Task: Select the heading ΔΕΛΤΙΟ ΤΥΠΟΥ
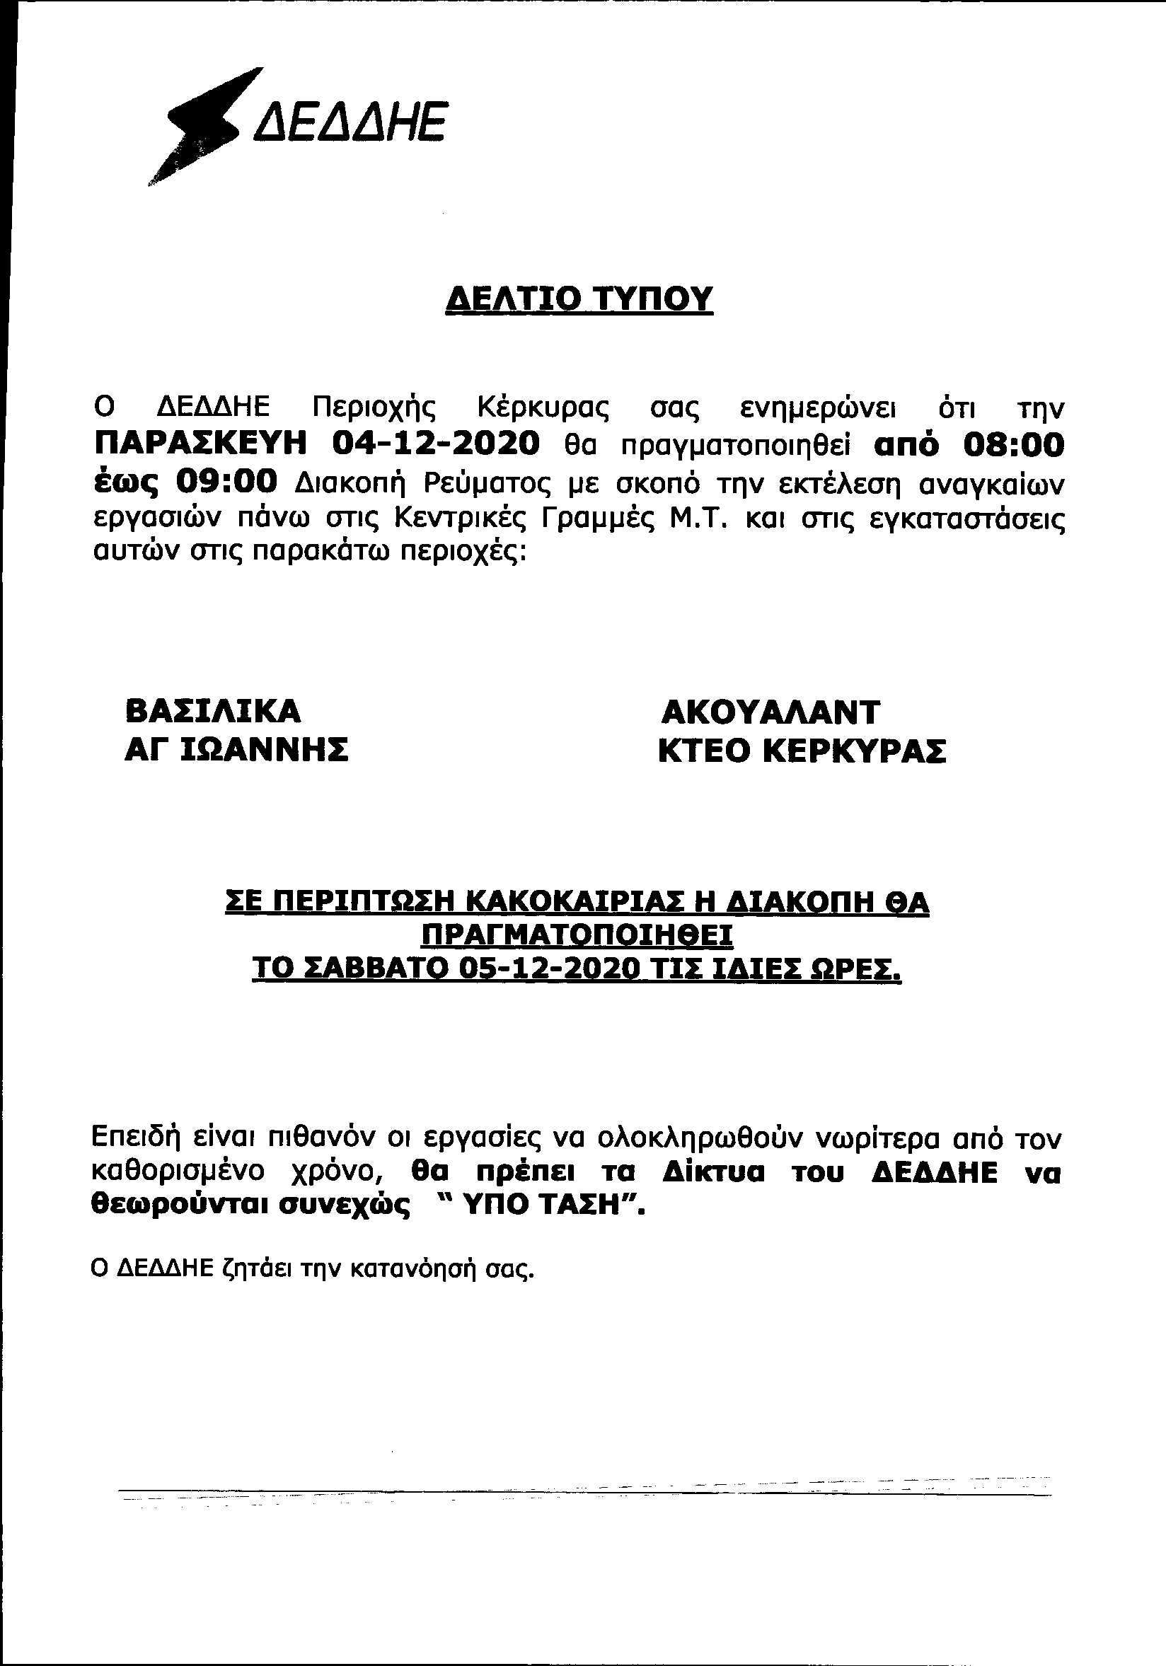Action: [x=578, y=299]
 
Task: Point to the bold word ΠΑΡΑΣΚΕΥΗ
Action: [x=201, y=442]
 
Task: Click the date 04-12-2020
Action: [x=435, y=442]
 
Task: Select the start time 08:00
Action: [x=1013, y=444]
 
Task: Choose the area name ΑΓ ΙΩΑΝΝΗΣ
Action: [x=236, y=750]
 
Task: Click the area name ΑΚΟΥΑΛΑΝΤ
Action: [x=770, y=712]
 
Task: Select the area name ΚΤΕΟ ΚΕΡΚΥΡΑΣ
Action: [x=802, y=751]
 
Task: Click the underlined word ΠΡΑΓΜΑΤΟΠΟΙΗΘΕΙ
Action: [x=577, y=935]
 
